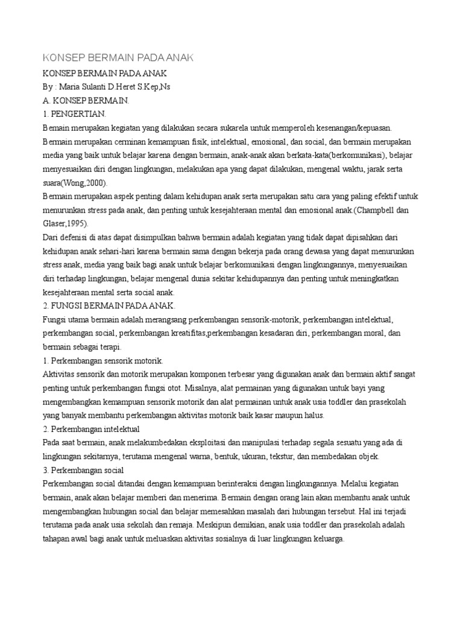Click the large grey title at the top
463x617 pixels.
[118, 58]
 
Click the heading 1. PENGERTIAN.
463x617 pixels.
[75, 114]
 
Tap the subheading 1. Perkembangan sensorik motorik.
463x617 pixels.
[103, 361]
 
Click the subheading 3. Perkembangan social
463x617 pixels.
[83, 470]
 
